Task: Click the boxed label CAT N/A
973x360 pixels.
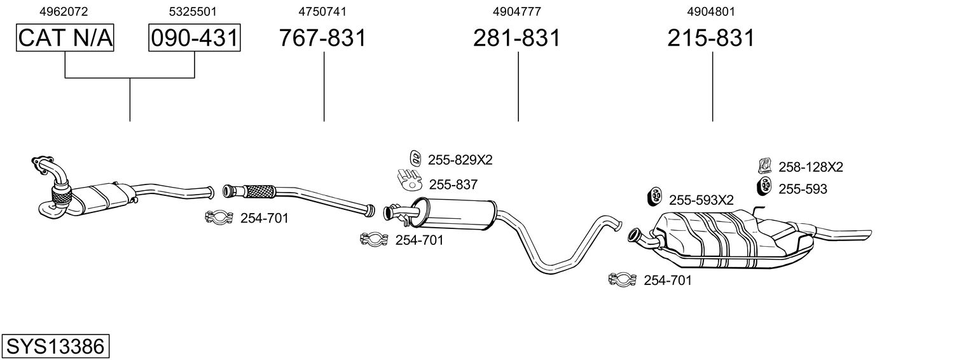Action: point(65,38)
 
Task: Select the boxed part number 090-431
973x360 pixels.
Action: point(195,38)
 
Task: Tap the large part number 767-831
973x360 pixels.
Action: point(323,38)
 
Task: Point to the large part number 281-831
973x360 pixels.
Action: point(516,38)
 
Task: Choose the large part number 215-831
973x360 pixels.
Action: point(711,38)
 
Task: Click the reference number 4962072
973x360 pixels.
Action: point(64,11)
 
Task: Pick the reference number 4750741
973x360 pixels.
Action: point(322,11)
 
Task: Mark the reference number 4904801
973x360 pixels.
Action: point(711,11)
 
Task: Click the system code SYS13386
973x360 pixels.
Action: point(55,347)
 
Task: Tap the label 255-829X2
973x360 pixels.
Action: point(460,160)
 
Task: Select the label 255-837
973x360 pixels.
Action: point(453,184)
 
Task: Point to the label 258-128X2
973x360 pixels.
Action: point(811,167)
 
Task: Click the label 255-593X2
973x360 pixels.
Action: point(701,200)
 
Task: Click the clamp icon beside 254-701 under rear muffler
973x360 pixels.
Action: point(623,280)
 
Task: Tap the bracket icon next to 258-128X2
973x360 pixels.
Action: point(765,167)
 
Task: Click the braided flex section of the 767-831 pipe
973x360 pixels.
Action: point(258,190)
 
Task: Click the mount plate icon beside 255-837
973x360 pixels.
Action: point(411,181)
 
